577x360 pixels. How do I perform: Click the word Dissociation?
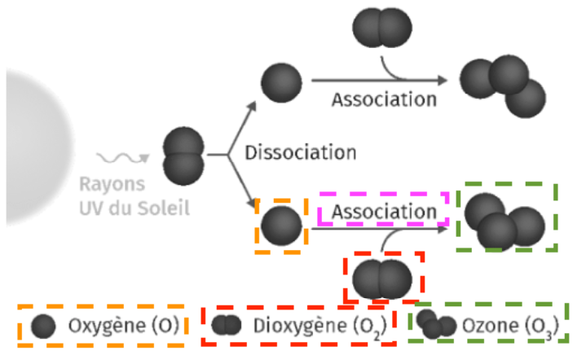point(302,152)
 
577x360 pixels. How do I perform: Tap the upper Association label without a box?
point(383,99)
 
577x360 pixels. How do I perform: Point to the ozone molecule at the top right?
point(502,86)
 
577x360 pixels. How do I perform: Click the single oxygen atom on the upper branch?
point(282,82)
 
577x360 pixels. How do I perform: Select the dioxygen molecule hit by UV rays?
point(183,155)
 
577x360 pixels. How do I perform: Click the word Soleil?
point(166,208)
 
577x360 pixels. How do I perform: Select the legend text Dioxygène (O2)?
point(309,327)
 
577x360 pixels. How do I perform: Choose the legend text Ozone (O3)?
point(509,327)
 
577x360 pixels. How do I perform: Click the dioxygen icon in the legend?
point(227,326)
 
